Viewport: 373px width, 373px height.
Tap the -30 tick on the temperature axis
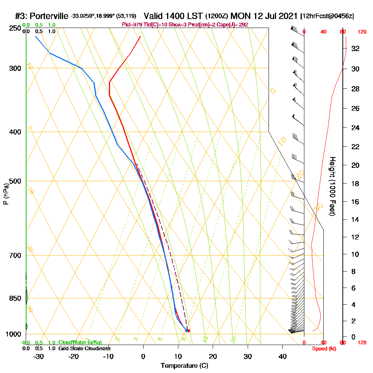(x=38, y=356)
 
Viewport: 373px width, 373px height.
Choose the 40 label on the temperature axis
(x=282, y=356)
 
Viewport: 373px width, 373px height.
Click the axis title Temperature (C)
(x=184, y=366)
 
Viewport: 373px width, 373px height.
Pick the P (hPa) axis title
(x=6, y=194)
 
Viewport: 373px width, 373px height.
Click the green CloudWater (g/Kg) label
(x=80, y=342)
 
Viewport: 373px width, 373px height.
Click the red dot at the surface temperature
(x=189, y=331)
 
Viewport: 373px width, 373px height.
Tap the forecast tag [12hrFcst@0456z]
(x=327, y=16)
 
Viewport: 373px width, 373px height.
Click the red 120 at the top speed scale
(x=362, y=32)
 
